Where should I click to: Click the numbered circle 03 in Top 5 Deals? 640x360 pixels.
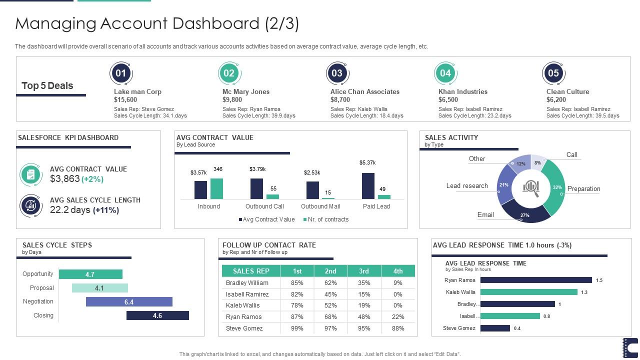337,73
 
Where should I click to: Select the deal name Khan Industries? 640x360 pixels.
462,91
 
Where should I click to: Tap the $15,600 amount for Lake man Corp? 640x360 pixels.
125,99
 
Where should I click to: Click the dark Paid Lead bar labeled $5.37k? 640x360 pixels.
368,186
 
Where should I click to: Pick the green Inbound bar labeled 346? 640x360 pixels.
216,188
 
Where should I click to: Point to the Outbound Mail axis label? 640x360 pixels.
320,206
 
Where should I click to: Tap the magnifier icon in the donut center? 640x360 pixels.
531,187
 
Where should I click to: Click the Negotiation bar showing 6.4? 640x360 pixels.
129,302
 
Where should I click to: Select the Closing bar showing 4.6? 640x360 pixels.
157,315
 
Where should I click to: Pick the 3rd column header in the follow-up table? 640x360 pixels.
364,271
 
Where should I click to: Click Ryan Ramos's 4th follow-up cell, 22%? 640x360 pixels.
398,316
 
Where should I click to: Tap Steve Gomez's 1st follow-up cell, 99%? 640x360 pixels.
297,328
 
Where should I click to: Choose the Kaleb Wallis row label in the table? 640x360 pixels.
242,305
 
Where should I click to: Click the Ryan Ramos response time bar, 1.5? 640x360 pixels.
536,280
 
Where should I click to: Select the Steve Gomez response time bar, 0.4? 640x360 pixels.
495,328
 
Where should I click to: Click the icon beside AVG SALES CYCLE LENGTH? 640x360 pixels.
30,205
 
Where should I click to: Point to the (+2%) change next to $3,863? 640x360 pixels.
92,179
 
